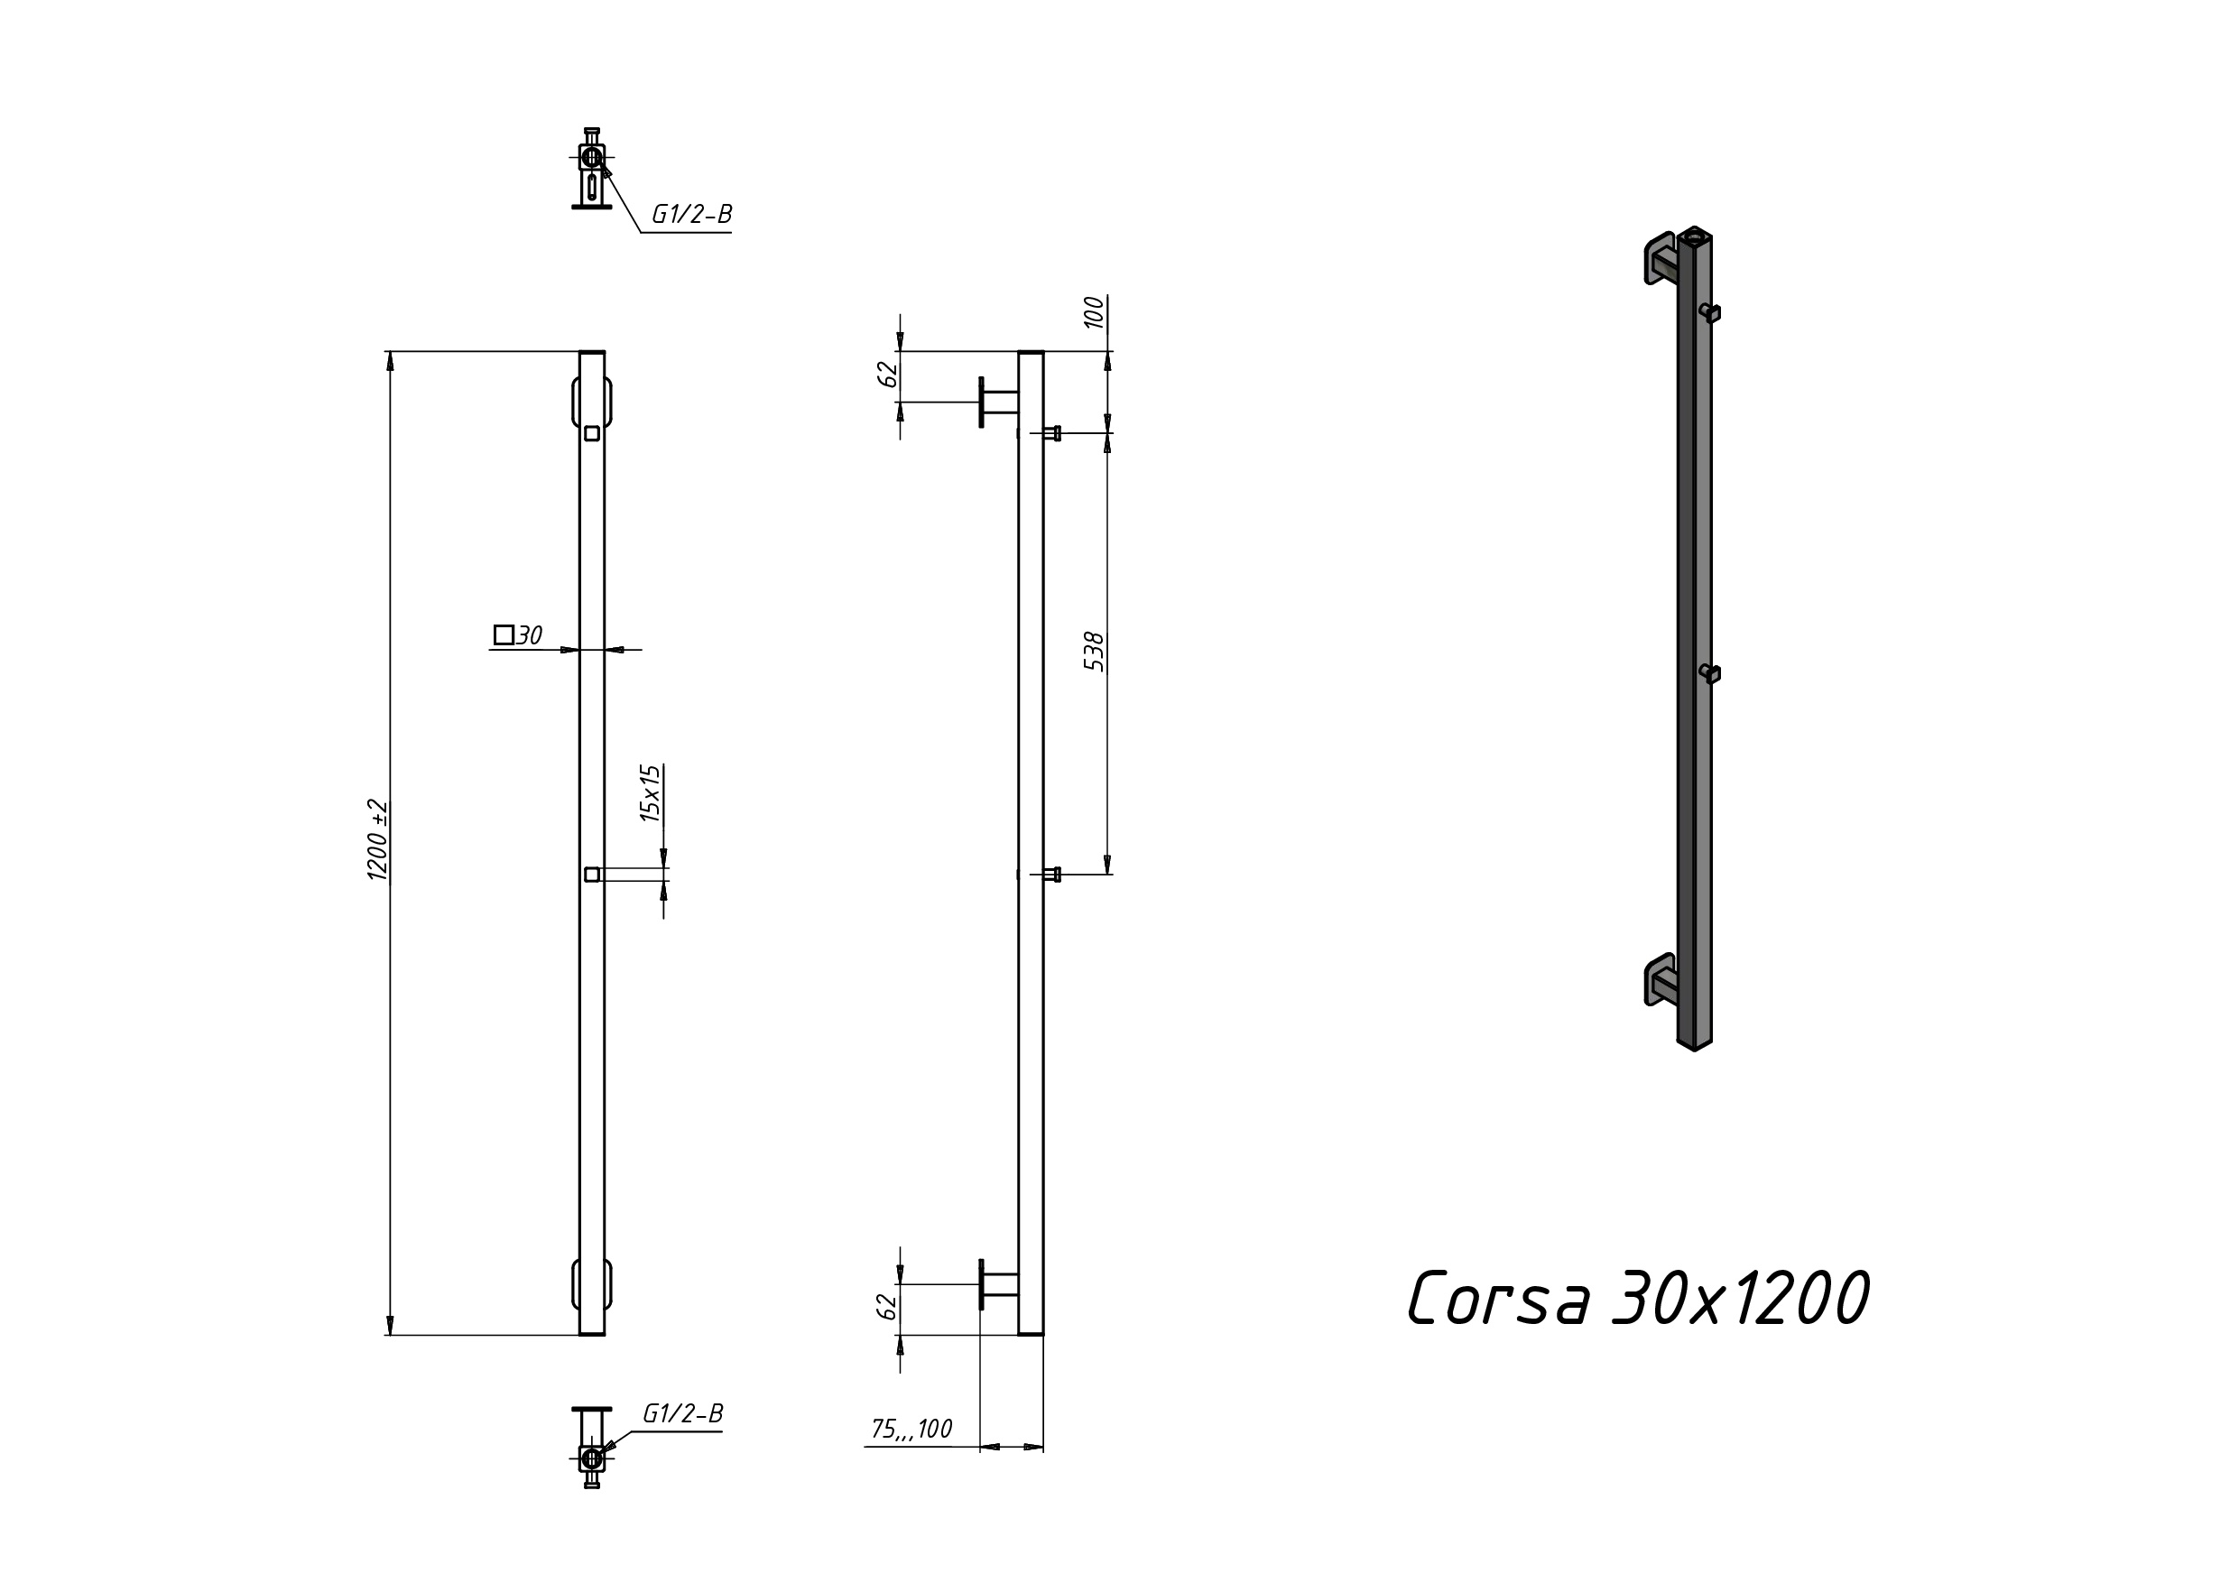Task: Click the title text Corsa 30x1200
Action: (1638, 1298)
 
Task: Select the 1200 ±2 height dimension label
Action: (377, 839)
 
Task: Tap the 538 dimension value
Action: (1094, 652)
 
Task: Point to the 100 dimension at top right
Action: (1094, 312)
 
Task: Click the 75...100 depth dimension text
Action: (911, 1429)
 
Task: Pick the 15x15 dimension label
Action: (651, 793)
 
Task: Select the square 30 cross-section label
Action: (518, 635)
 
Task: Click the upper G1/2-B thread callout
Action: (691, 215)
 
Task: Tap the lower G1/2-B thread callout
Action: (682, 1413)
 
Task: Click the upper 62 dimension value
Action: (887, 375)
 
